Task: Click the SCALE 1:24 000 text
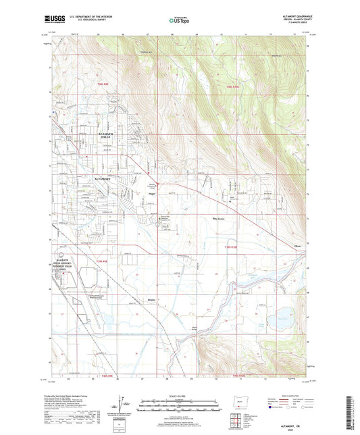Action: (x=180, y=396)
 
